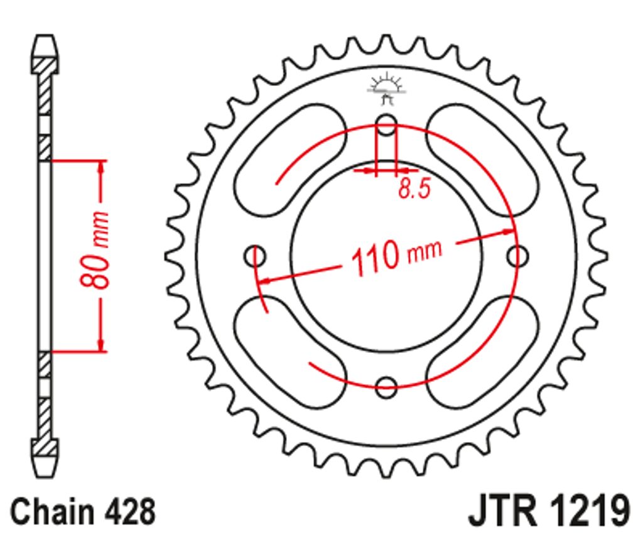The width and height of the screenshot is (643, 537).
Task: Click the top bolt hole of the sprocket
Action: coord(386,125)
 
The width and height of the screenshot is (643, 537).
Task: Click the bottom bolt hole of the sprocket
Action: coord(386,387)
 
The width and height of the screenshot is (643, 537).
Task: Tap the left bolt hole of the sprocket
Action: coord(255,256)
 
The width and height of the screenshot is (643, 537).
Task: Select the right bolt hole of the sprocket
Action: coord(517,256)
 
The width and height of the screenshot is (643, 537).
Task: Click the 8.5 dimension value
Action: coord(414,189)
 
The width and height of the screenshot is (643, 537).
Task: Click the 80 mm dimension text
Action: coord(95,249)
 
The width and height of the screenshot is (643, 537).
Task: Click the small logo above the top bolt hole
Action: coord(386,88)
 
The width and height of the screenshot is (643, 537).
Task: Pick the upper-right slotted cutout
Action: coord(482,160)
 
